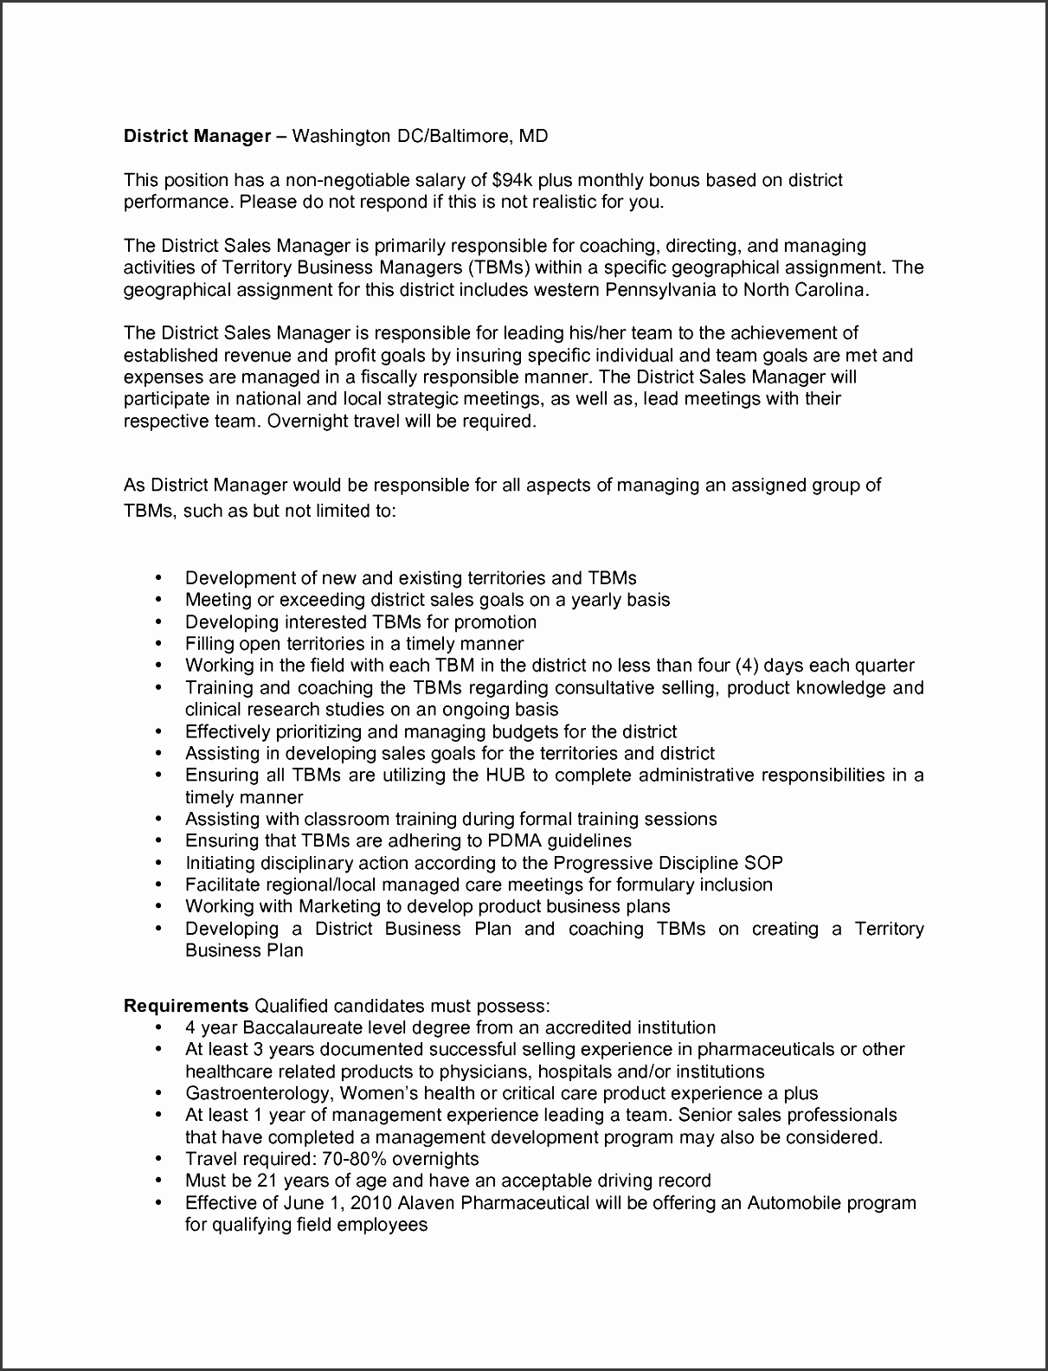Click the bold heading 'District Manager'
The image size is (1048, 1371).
click(x=197, y=136)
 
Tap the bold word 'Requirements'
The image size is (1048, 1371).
click(x=186, y=1006)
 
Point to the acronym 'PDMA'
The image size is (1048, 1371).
click(x=485, y=840)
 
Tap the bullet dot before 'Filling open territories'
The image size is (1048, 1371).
click(x=158, y=643)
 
